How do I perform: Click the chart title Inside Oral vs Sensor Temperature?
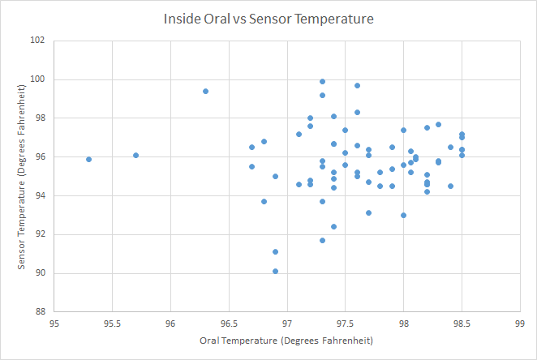tap(268, 18)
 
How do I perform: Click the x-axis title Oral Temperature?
tap(286, 341)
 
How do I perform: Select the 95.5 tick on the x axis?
tap(112, 323)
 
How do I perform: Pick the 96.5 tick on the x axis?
tap(229, 323)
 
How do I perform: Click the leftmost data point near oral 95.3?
tap(88, 159)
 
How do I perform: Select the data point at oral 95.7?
tap(135, 155)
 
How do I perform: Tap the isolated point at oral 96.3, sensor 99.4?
tap(205, 91)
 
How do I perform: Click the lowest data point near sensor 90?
tap(275, 272)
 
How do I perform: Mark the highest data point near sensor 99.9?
tap(322, 81)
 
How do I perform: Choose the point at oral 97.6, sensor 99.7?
tap(357, 85)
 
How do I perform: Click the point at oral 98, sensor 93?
tap(403, 215)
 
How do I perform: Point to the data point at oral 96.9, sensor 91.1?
tap(275, 252)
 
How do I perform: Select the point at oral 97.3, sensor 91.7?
tap(322, 240)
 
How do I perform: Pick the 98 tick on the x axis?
tap(403, 323)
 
